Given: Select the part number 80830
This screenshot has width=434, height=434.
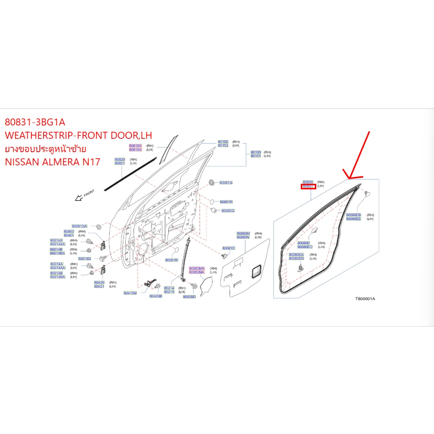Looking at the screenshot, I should [308, 181].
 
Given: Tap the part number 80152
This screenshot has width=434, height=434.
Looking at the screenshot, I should [223, 142].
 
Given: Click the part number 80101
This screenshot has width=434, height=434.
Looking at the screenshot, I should [256, 156].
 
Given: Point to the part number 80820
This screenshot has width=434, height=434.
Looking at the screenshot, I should [120, 159].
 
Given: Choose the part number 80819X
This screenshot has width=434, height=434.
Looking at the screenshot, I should [136, 149].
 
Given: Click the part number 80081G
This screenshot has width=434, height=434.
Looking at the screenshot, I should [226, 183].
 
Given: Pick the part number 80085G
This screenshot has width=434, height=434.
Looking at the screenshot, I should [228, 210].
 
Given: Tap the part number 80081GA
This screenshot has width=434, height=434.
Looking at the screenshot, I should [79, 226].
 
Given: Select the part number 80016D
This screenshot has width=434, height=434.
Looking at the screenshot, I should [85, 259].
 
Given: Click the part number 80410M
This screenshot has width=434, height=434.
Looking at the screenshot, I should [130, 293].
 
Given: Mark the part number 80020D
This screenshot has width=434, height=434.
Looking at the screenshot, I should [189, 297].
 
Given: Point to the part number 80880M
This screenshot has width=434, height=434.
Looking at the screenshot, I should [243, 234].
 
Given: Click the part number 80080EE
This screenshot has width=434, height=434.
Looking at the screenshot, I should [353, 219].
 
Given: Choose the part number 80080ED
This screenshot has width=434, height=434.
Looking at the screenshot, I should [296, 258].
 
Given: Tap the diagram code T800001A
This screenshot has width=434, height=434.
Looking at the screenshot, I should [365, 299].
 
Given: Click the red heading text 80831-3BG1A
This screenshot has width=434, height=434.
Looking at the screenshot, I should [35, 122].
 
